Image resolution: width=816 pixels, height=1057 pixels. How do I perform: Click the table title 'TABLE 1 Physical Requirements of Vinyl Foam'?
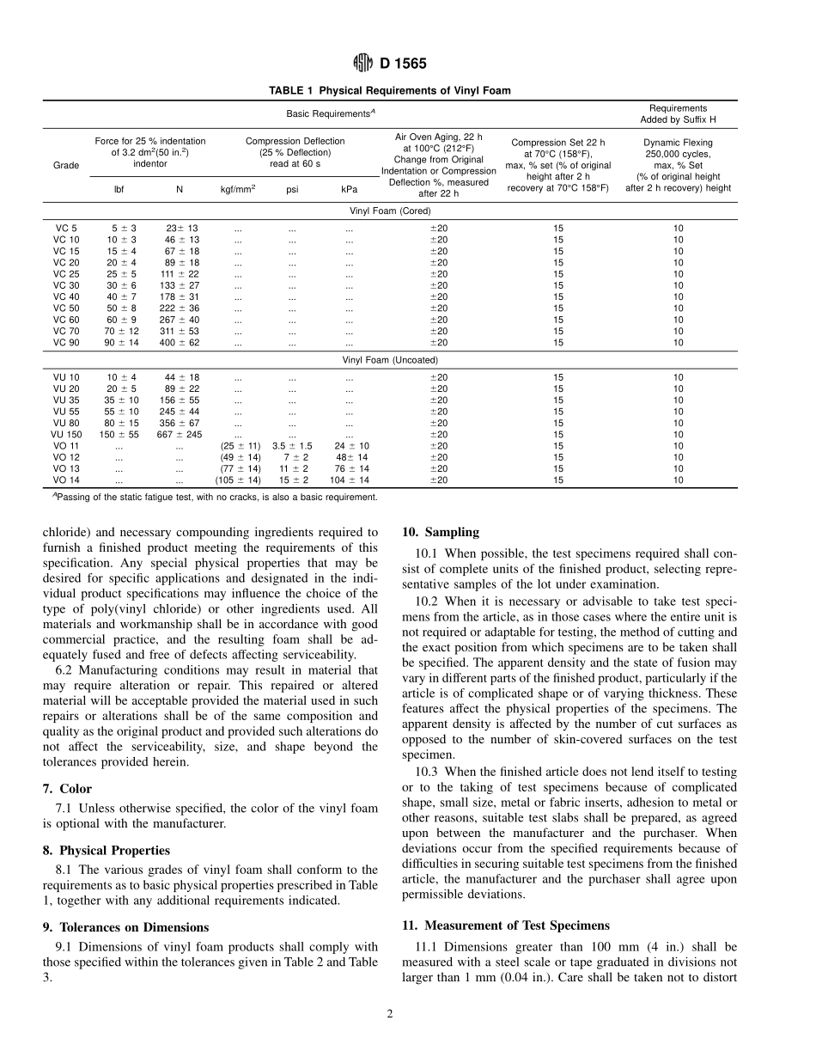[389, 90]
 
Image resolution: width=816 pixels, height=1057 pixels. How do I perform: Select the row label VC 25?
[66, 274]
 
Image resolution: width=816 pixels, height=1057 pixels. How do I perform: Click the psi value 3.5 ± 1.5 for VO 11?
[292, 446]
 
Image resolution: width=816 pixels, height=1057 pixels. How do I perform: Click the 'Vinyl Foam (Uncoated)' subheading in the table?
[389, 360]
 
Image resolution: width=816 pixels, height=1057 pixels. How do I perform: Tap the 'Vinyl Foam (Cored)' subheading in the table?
[389, 211]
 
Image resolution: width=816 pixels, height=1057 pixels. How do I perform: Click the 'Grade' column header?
[65, 165]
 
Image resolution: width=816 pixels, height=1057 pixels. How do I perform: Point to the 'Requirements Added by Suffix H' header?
[678, 114]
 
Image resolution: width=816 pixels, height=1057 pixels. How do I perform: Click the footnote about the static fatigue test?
[215, 497]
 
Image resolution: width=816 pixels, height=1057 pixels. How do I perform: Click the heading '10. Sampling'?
[441, 532]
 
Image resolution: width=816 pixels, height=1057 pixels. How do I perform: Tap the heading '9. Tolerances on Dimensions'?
[125, 927]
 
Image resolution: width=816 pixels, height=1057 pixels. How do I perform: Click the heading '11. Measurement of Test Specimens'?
[506, 926]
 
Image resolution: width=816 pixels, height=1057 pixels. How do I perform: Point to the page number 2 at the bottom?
[389, 1014]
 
